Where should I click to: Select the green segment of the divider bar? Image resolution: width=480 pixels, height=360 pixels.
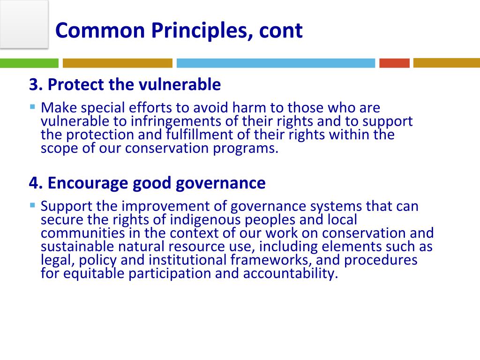click(29, 63)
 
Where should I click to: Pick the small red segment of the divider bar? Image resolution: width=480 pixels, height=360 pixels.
click(394, 63)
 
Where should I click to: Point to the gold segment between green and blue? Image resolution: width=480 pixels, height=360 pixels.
click(117, 63)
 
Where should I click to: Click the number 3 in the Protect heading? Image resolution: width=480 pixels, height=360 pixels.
click(34, 85)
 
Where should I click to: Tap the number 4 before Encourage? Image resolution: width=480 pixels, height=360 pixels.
click(34, 183)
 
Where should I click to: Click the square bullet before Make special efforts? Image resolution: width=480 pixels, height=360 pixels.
click(32, 106)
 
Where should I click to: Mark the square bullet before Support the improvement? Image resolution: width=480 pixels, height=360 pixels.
click(32, 205)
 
